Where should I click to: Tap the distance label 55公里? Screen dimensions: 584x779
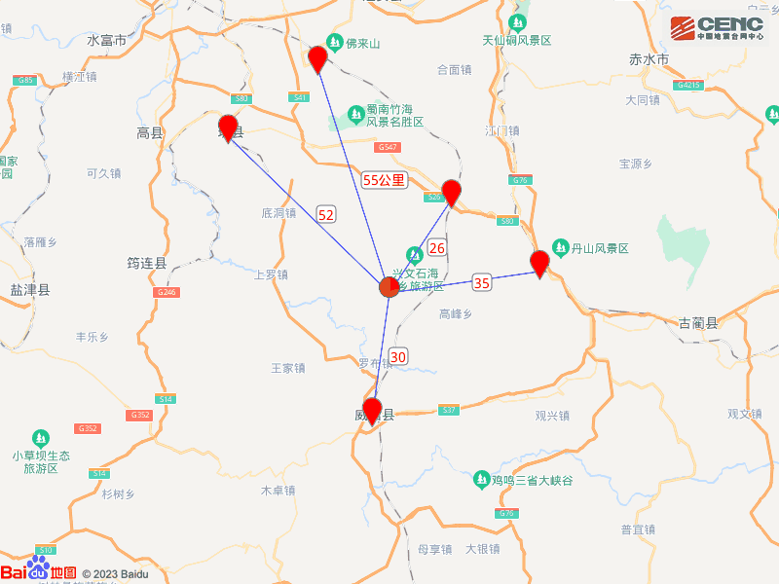[x=384, y=180]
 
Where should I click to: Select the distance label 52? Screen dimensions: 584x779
[x=326, y=214]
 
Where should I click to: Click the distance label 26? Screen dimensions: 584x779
[x=437, y=248]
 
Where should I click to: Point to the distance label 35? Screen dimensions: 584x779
[x=482, y=282]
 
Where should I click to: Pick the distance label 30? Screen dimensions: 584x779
[x=398, y=356]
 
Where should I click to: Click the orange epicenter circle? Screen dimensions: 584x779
[x=389, y=287]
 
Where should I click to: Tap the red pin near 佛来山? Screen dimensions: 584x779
[x=317, y=58]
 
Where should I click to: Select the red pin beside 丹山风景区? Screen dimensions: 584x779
[x=539, y=263]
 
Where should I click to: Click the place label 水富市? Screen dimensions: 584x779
[x=107, y=41]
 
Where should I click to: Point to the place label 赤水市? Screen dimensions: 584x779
[x=649, y=60]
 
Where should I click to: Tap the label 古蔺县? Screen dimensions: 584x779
[x=697, y=322]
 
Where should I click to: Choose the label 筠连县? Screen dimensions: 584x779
[x=147, y=263]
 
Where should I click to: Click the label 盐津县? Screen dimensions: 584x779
[x=29, y=290]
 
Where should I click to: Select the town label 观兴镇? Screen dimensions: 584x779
[x=551, y=416]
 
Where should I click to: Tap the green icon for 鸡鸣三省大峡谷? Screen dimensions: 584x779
[x=481, y=480]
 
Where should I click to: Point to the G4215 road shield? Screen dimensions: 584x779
[x=688, y=86]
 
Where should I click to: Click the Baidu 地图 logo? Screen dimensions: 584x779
[x=39, y=572]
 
